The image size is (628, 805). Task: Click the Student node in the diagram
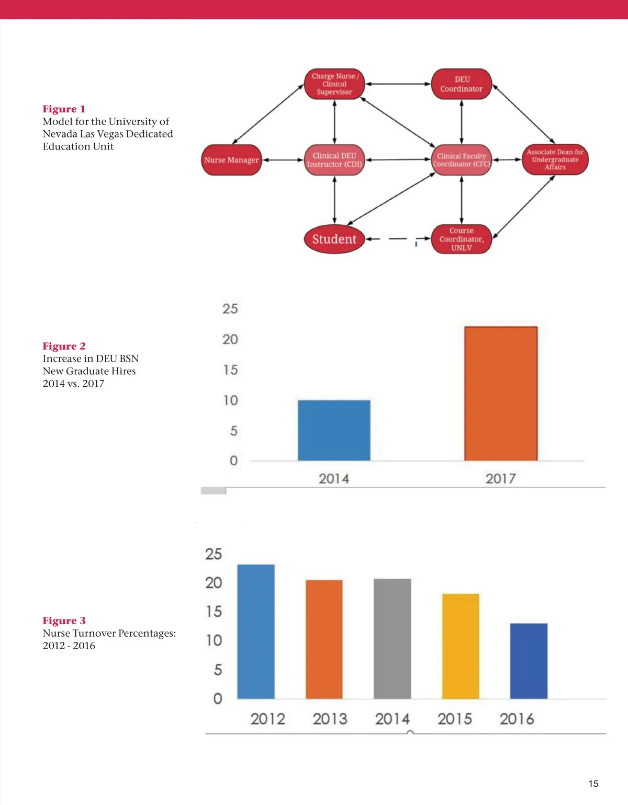[334, 239]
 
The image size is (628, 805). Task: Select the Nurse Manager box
[232, 160]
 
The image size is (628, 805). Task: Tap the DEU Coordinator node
[462, 84]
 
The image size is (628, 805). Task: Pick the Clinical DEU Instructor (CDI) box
[334, 160]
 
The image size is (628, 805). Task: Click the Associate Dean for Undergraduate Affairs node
[555, 159]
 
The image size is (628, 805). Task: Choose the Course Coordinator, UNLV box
[462, 239]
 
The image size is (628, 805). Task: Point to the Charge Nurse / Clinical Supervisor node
[334, 84]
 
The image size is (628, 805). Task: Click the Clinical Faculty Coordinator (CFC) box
[462, 160]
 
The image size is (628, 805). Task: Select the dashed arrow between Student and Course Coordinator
[398, 239]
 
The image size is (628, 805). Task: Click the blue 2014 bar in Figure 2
[334, 430]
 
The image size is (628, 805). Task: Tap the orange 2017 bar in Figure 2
[501, 394]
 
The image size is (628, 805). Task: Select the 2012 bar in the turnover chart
[256, 631]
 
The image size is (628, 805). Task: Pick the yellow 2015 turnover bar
[461, 646]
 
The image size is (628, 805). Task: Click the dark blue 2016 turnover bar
[529, 661]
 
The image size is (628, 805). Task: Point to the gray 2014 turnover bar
[392, 639]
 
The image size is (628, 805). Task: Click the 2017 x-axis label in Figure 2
[500, 478]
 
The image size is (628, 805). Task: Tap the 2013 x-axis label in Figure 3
[330, 719]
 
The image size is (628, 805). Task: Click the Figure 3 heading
[64, 620]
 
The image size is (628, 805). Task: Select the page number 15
[593, 784]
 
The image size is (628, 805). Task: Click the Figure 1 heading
[64, 109]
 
